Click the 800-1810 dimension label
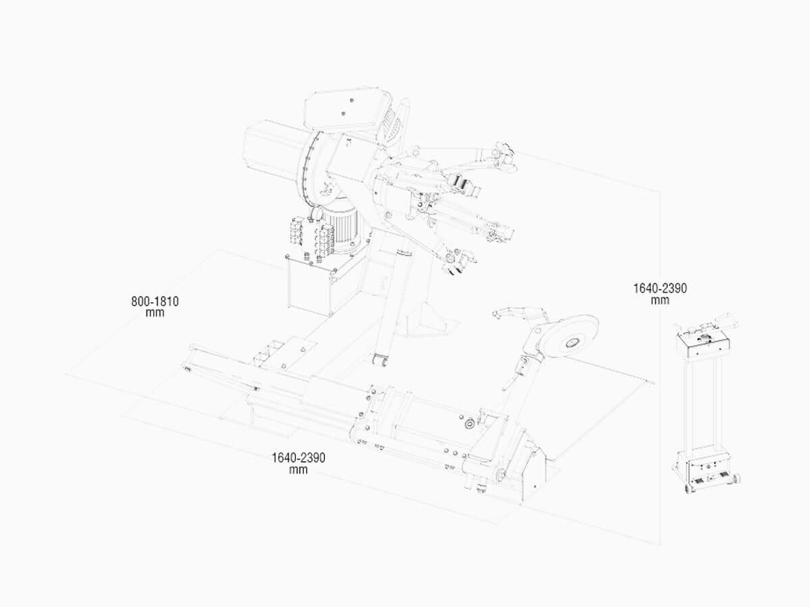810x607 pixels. [x=155, y=307]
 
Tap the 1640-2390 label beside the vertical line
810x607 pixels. [x=659, y=294]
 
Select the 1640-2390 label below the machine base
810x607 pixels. [x=298, y=463]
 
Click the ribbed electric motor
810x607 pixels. [x=342, y=229]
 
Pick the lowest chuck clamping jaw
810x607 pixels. [x=458, y=262]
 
